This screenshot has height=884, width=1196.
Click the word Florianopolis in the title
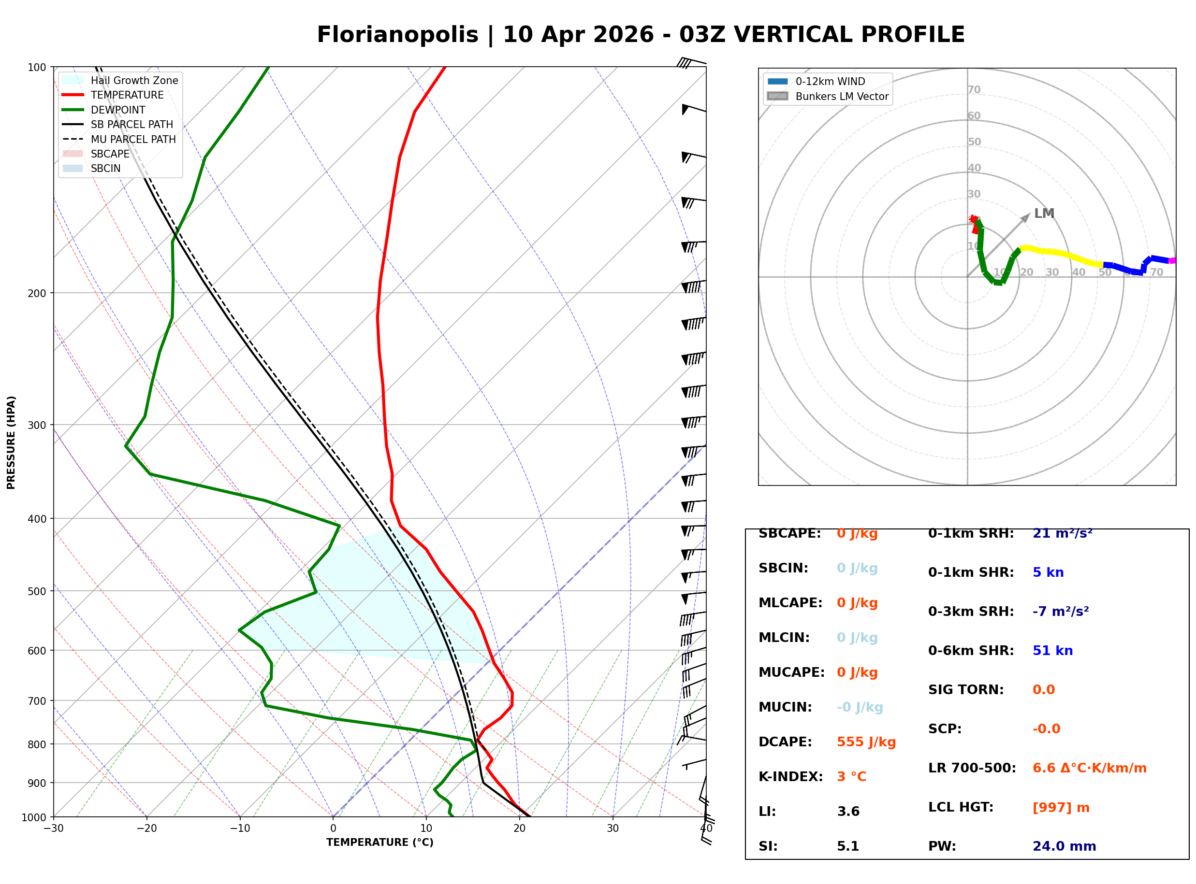point(397,35)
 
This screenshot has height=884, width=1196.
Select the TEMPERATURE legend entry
point(113,95)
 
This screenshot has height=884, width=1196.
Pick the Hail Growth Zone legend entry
point(120,80)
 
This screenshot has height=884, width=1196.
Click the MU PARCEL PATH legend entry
point(119,139)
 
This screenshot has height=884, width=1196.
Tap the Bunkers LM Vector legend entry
point(828,96)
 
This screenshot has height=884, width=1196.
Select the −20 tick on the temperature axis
point(146,828)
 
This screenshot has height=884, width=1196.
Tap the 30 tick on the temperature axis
point(613,828)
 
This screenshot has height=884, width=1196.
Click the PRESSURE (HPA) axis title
point(11,442)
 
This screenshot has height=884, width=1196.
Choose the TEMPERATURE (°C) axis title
point(380,842)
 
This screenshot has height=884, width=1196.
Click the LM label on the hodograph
point(1044,214)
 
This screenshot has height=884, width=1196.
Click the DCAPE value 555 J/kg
point(866,742)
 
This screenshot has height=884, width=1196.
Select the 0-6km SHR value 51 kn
point(1052,651)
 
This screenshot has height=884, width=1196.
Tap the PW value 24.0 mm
point(1065,846)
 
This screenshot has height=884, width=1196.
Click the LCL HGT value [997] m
point(1061,808)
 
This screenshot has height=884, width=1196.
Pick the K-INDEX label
point(791,777)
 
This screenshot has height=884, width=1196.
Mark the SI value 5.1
point(848,846)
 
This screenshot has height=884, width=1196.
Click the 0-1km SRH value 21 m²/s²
point(1063,533)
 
